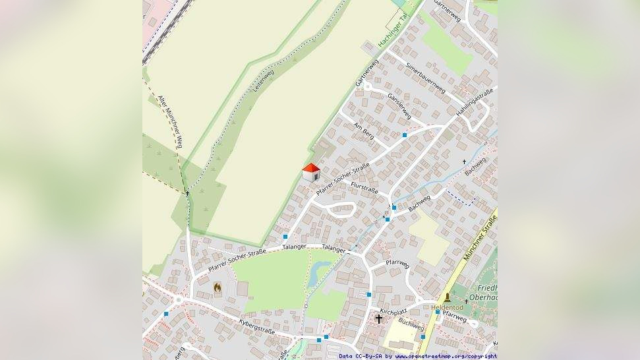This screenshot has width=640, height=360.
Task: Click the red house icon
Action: click(x=311, y=173)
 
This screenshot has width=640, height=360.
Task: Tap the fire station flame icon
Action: click(x=218, y=287)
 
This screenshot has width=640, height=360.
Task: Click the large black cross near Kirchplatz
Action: click(x=378, y=319)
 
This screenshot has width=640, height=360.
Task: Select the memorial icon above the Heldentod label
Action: click(x=448, y=298)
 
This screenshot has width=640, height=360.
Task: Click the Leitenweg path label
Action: click(x=264, y=81)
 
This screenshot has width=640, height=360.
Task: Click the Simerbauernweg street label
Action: click(x=426, y=78)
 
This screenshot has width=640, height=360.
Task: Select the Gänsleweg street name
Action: click(x=400, y=105)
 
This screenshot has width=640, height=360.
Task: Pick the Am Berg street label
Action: click(x=364, y=131)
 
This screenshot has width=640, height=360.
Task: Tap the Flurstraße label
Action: click(x=364, y=188)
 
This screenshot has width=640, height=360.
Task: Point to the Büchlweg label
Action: click(x=411, y=324)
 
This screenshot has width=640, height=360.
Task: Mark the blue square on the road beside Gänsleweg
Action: click(x=405, y=135)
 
